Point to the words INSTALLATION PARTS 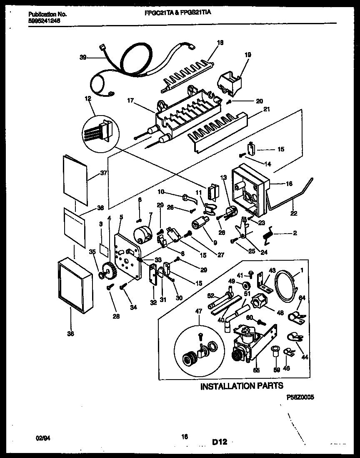click(242, 386)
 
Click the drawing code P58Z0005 click(300, 398)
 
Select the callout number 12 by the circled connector click(87, 98)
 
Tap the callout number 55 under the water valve click(255, 370)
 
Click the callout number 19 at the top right click(247, 54)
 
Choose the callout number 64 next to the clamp click(302, 297)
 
